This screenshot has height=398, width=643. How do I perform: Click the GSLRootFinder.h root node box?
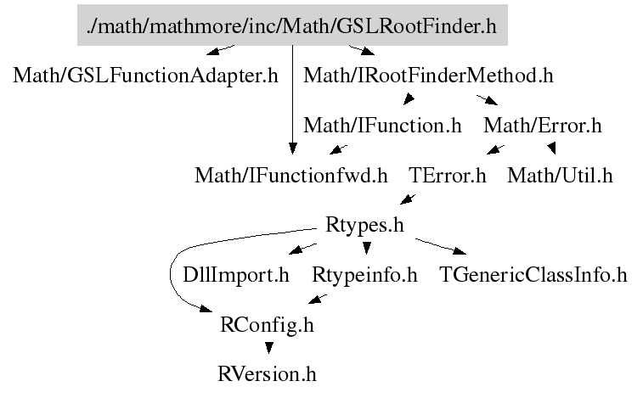(x=291, y=25)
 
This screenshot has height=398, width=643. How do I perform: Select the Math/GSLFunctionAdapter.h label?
(x=145, y=76)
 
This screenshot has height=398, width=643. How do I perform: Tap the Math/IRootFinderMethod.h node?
(x=428, y=76)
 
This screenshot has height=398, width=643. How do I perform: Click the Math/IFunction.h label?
(x=382, y=126)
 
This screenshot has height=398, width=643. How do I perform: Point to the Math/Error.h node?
(x=542, y=126)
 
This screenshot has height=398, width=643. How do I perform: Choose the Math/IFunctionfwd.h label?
(x=290, y=176)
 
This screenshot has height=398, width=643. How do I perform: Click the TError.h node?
(x=447, y=176)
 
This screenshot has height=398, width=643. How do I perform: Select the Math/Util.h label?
(x=560, y=176)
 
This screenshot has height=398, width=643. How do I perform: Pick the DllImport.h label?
(x=236, y=275)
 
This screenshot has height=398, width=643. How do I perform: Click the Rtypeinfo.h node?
(x=365, y=275)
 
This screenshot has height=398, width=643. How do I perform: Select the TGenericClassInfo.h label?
(x=533, y=275)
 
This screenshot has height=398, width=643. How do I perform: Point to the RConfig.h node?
(x=267, y=324)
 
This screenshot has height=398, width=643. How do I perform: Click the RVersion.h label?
(x=268, y=373)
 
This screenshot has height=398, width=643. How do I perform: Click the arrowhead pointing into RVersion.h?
(x=268, y=349)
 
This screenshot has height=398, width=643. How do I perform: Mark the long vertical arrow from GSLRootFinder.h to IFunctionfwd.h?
(x=292, y=102)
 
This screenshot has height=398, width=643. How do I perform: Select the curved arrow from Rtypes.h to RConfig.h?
(x=175, y=272)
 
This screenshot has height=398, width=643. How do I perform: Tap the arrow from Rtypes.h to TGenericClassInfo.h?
(x=437, y=246)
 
